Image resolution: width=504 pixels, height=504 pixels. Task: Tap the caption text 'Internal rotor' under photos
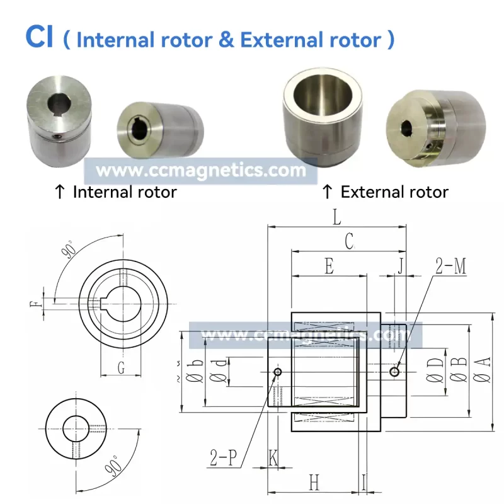pos(124,192)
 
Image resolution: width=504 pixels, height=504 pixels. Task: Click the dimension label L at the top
pos(337,219)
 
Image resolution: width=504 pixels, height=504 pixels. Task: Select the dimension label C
pos(348,241)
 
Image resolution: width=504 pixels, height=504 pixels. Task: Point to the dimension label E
pos(328,266)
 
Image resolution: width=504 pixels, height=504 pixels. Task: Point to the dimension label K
pos(273,458)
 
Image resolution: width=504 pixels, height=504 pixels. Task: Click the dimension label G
pos(121,368)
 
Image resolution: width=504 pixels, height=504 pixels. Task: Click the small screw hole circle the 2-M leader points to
pos(394,372)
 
